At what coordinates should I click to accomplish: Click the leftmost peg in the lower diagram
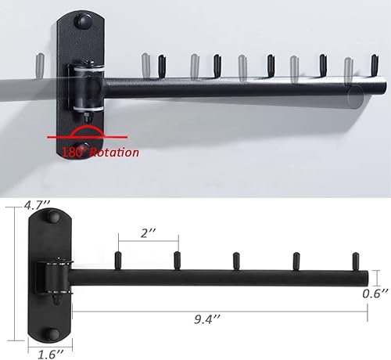118,259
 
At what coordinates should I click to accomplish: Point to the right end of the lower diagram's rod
365,276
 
